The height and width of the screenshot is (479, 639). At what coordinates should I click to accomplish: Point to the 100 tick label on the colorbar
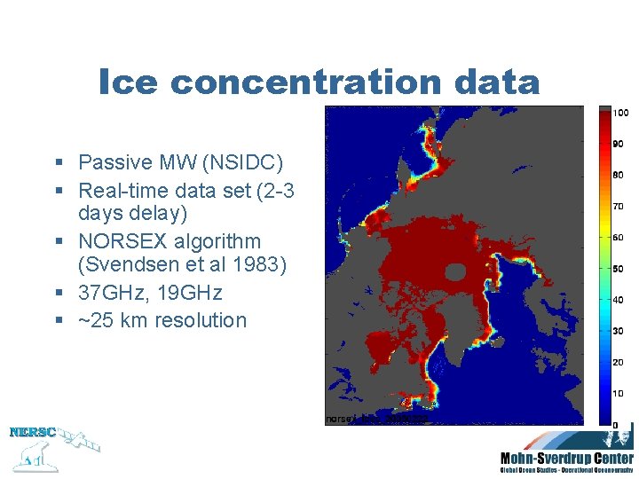pos(621,113)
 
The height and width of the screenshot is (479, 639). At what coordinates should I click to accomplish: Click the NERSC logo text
pos(32,433)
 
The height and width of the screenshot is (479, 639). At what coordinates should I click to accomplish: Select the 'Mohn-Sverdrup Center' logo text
pos(566,459)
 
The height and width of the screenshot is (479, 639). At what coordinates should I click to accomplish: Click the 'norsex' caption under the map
pos(341,418)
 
